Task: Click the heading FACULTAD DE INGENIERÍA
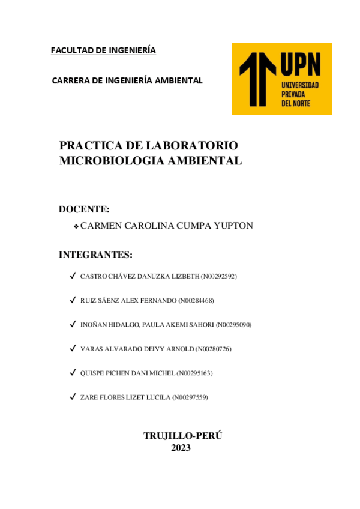pyautogui.click(x=103, y=50)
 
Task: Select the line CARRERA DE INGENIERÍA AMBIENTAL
pyautogui.click(x=127, y=80)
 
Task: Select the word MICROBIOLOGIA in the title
pyautogui.click(x=104, y=160)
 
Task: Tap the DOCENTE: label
pyautogui.click(x=84, y=209)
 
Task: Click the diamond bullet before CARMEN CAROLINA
pyautogui.click(x=76, y=226)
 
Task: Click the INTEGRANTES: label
pyautogui.click(x=95, y=254)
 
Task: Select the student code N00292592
pyautogui.click(x=219, y=276)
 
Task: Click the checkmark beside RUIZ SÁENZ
pyautogui.click(x=72, y=300)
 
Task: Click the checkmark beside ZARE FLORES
pyautogui.click(x=72, y=397)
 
